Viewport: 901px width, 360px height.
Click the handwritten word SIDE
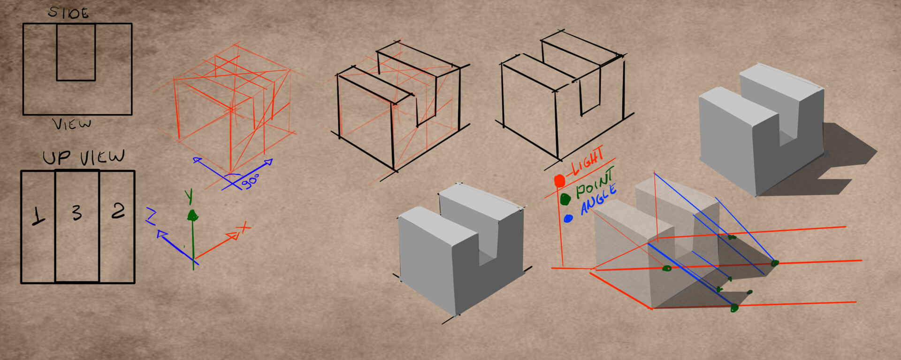click(69, 13)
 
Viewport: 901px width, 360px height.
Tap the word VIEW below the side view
click(72, 124)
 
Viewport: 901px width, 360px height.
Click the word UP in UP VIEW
click(57, 158)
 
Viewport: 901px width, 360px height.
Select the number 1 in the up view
click(38, 216)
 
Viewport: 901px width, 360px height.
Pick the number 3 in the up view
click(77, 213)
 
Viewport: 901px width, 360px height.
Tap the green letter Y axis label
click(189, 196)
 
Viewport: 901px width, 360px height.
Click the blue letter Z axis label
click(151, 216)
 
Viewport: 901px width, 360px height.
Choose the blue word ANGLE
click(598, 199)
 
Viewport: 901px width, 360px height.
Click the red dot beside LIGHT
click(559, 181)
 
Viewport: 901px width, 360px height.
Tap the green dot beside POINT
click(565, 199)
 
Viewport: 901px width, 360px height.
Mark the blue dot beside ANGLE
click(568, 218)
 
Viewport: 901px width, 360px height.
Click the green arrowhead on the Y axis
click(192, 215)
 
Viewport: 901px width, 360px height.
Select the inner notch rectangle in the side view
click(76, 52)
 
